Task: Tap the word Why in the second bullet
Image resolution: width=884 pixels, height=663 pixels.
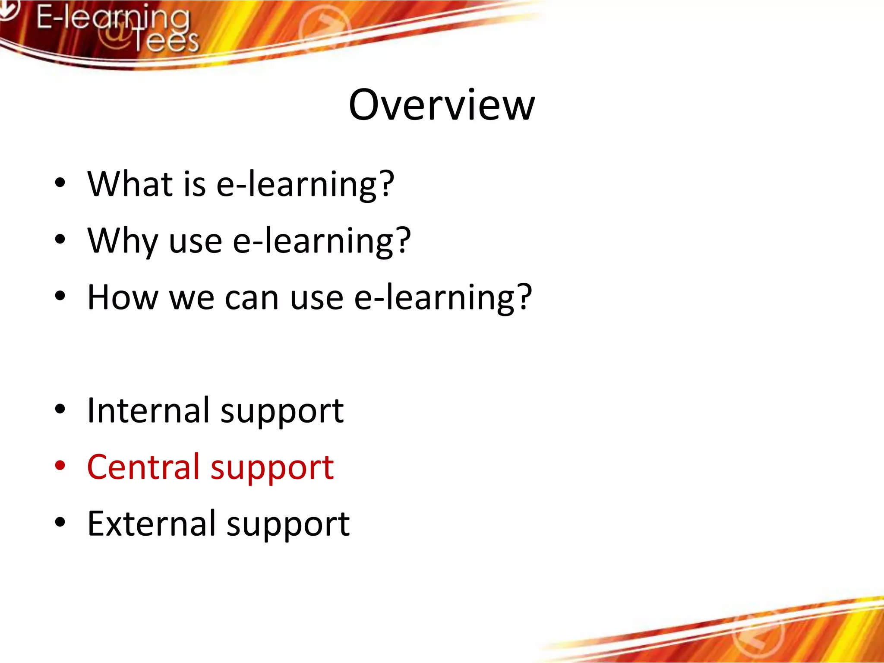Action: pos(122,241)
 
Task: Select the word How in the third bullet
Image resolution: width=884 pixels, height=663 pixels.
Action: pos(123,297)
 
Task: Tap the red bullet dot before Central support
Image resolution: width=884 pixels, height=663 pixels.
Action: pos(60,466)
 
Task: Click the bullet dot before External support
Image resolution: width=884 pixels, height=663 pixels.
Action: pos(60,522)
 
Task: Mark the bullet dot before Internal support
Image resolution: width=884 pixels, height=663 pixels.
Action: pos(60,409)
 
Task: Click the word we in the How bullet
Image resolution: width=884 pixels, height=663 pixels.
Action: pos(192,298)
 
